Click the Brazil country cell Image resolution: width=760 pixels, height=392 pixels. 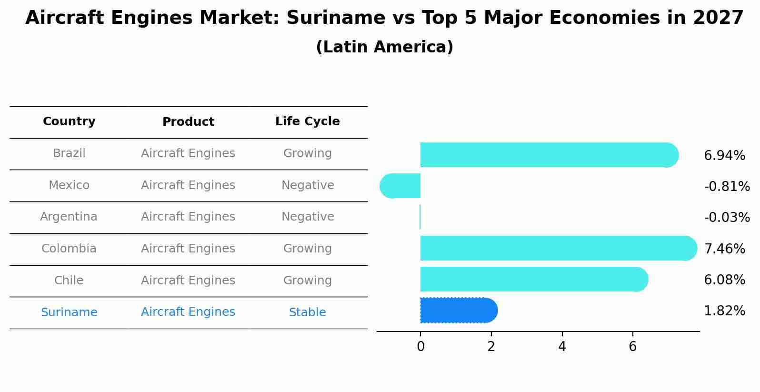[x=69, y=153]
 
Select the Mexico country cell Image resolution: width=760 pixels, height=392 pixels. [x=69, y=185]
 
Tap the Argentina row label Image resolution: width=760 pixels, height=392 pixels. [x=69, y=217]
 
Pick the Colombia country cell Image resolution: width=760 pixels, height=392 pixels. [x=69, y=249]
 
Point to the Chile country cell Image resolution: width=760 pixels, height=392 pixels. [x=69, y=281]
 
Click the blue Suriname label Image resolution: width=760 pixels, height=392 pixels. [x=69, y=312]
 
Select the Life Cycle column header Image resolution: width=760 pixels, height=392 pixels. [x=307, y=121]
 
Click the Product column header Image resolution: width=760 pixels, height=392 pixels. [x=188, y=122]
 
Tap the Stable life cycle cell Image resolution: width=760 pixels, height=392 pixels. [x=307, y=312]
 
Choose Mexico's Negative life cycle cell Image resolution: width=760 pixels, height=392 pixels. [x=308, y=185]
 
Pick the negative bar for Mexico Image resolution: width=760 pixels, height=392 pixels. [x=400, y=186]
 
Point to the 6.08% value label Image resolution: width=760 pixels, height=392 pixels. [x=724, y=280]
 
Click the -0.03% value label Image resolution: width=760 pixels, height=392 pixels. [x=727, y=218]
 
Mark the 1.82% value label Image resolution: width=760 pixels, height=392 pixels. [x=724, y=311]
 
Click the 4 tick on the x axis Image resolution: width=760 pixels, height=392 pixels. [x=562, y=347]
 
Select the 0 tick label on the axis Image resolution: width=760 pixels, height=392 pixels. [x=420, y=347]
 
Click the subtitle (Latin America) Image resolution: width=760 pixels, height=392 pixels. [x=384, y=47]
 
